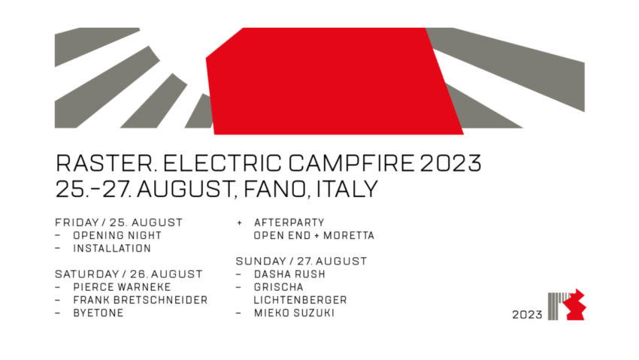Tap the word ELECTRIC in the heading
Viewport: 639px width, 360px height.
222,163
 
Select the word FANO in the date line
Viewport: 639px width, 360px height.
275,189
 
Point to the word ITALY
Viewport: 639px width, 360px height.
347,189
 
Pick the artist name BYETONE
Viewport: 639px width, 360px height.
98,313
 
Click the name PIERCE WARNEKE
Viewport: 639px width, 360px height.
122,287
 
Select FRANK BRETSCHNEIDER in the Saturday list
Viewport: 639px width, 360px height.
140,300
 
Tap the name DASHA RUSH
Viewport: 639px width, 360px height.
289,274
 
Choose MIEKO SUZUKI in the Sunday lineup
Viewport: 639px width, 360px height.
294,313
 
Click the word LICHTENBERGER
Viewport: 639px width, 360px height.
301,300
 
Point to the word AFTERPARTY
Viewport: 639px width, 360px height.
289,222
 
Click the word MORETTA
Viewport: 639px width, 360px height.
349,236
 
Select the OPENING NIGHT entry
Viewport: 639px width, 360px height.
117,236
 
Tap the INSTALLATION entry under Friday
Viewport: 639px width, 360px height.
112,249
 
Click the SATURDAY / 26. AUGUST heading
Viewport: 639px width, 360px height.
129,274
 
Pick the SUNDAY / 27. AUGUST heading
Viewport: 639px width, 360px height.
301,262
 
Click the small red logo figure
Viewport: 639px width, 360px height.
574,304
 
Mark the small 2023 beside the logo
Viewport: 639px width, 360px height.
527,315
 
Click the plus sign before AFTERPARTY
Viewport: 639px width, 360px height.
240,222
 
